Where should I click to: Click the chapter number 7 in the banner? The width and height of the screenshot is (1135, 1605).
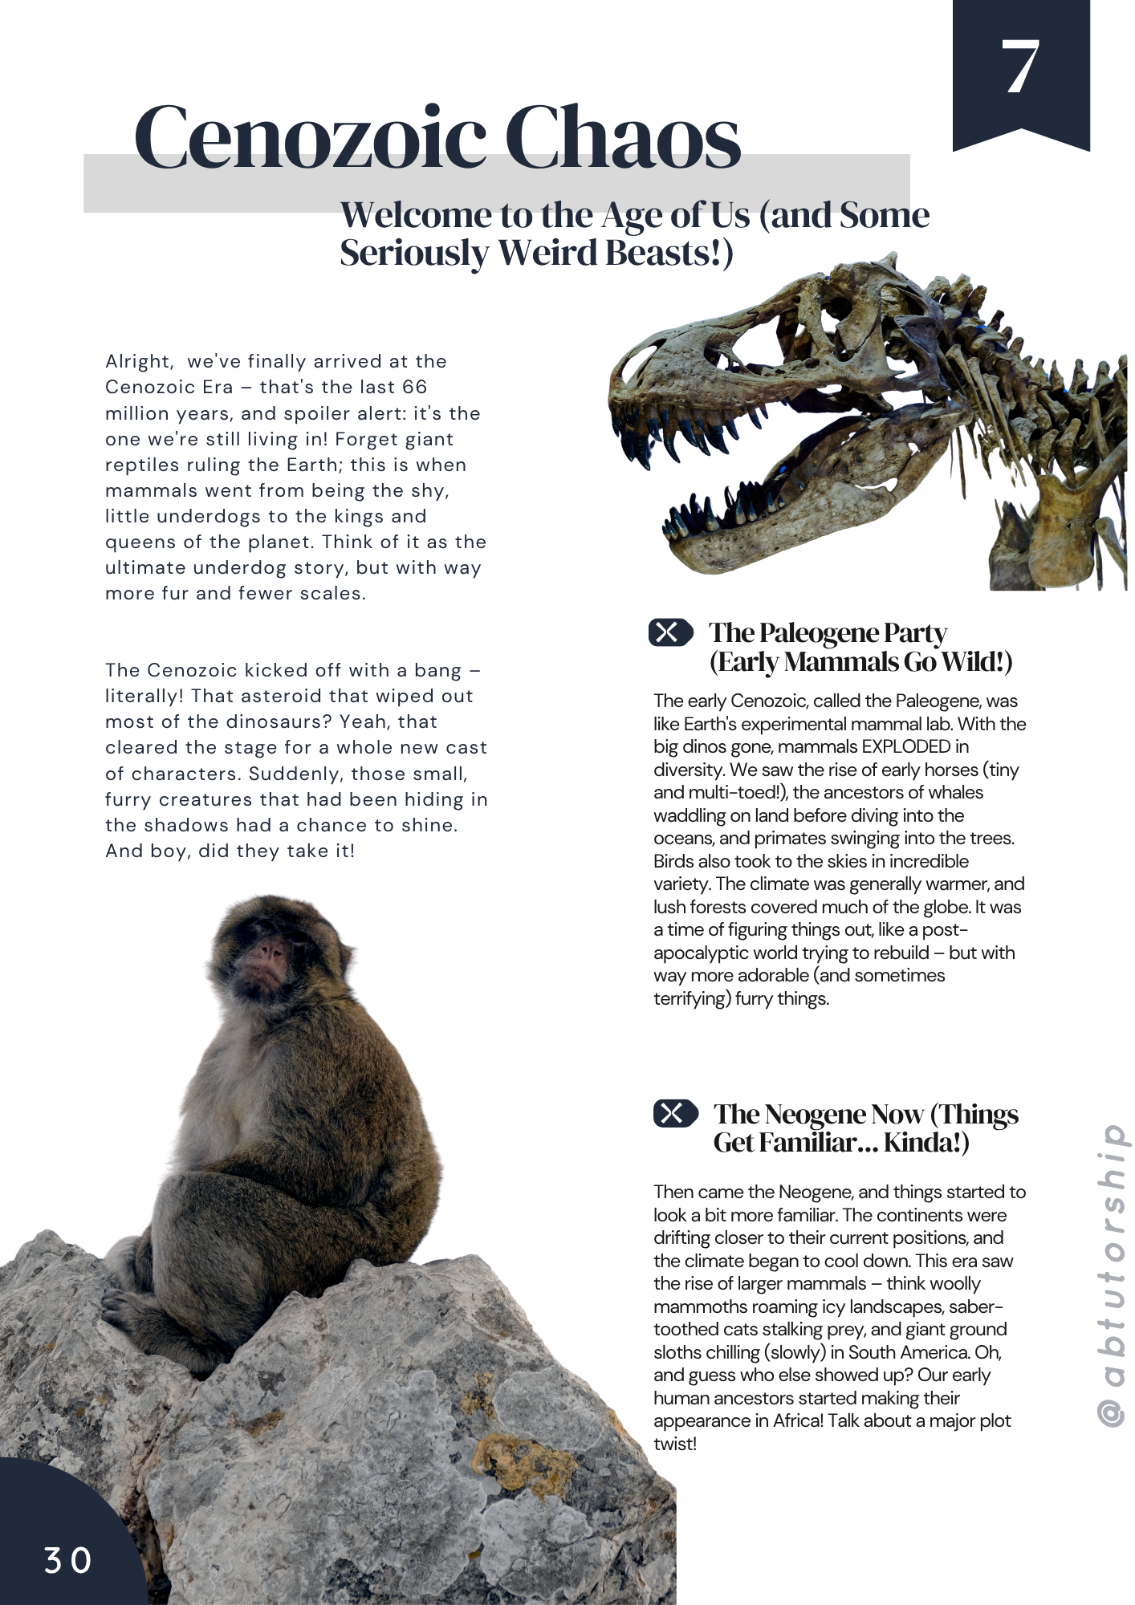[1020, 67]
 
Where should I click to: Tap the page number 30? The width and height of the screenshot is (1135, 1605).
[67, 1561]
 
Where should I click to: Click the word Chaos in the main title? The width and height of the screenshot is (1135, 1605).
[624, 138]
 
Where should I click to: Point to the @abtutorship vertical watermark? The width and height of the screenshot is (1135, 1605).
[1113, 1275]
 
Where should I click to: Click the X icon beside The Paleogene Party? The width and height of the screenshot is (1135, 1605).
[670, 633]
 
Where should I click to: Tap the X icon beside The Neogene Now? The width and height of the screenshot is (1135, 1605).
[675, 1114]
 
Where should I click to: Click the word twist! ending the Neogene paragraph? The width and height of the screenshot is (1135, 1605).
[674, 1444]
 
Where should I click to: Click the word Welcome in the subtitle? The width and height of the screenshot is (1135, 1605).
[415, 215]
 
